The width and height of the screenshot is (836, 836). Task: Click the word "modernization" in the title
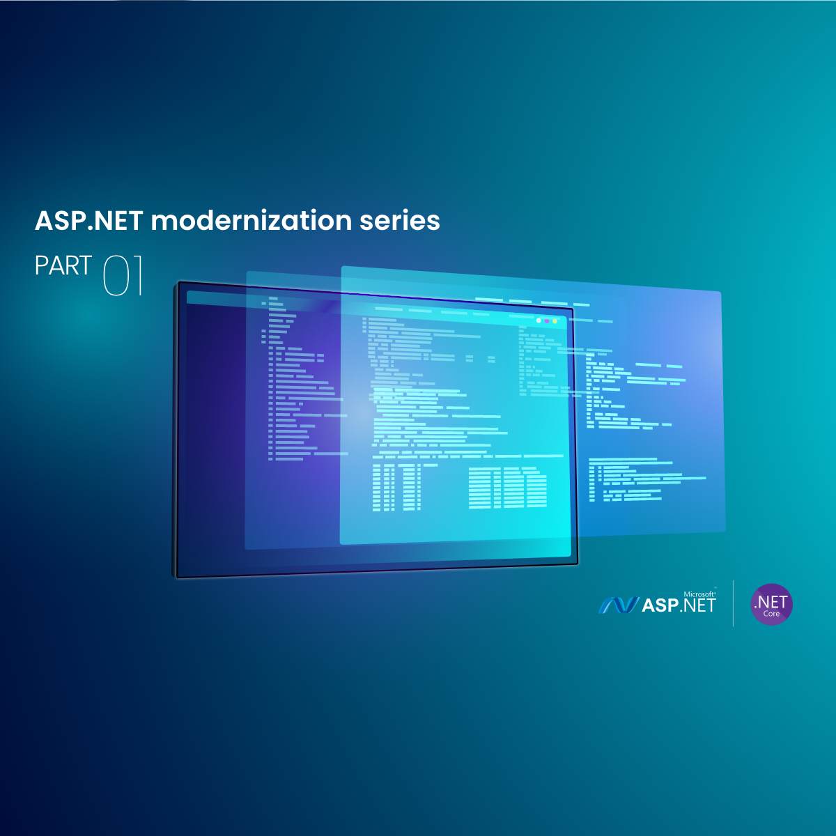pyautogui.click(x=251, y=220)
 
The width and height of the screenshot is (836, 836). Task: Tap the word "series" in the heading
pyautogui.click(x=400, y=221)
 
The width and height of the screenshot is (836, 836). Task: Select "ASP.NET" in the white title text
pyautogui.click(x=89, y=221)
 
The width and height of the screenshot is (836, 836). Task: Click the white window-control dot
pyautogui.click(x=539, y=320)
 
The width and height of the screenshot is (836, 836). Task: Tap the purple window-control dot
pyautogui.click(x=547, y=321)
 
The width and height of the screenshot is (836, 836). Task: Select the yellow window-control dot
pyautogui.click(x=555, y=321)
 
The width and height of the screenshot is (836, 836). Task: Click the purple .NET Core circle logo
pyautogui.click(x=771, y=604)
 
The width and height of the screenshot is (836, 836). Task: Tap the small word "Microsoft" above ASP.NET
pyautogui.click(x=699, y=594)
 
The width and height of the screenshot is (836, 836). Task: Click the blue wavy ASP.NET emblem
pyautogui.click(x=619, y=605)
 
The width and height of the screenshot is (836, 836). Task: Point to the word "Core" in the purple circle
pyautogui.click(x=771, y=614)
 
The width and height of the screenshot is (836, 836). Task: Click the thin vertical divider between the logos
pyautogui.click(x=733, y=603)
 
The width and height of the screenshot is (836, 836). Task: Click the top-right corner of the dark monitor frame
pyautogui.click(x=573, y=308)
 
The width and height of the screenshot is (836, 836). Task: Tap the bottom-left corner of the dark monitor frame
pyautogui.click(x=177, y=578)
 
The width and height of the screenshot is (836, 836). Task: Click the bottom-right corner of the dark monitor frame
pyautogui.click(x=578, y=564)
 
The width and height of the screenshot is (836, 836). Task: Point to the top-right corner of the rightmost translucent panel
pyautogui.click(x=720, y=292)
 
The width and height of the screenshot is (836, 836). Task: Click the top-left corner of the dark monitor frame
pyautogui.click(x=178, y=282)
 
